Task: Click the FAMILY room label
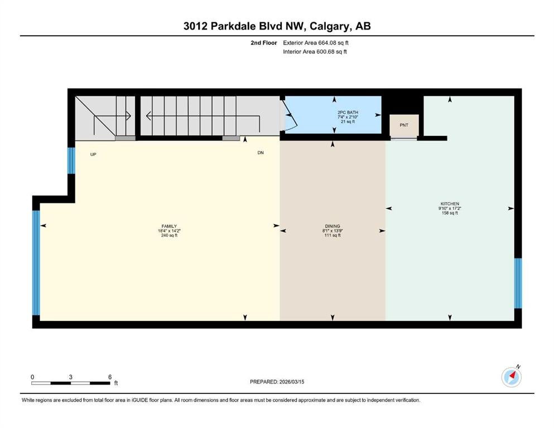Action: [169, 226]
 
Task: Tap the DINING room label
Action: [333, 226]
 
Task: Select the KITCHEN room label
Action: [450, 203]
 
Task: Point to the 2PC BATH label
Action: [348, 113]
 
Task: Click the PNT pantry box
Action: [404, 125]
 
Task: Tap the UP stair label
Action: [93, 154]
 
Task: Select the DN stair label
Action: [261, 153]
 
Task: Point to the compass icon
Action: [512, 377]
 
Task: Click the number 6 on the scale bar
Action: [110, 377]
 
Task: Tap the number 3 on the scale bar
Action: [71, 377]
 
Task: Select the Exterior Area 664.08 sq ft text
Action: [316, 43]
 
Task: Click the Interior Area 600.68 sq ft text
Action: [315, 51]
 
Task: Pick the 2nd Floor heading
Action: [263, 43]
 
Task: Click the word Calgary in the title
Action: [330, 26]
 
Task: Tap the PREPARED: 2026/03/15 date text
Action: [277, 382]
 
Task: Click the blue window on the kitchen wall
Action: [518, 283]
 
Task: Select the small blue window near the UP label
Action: [71, 160]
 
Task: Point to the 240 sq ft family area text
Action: [169, 235]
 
